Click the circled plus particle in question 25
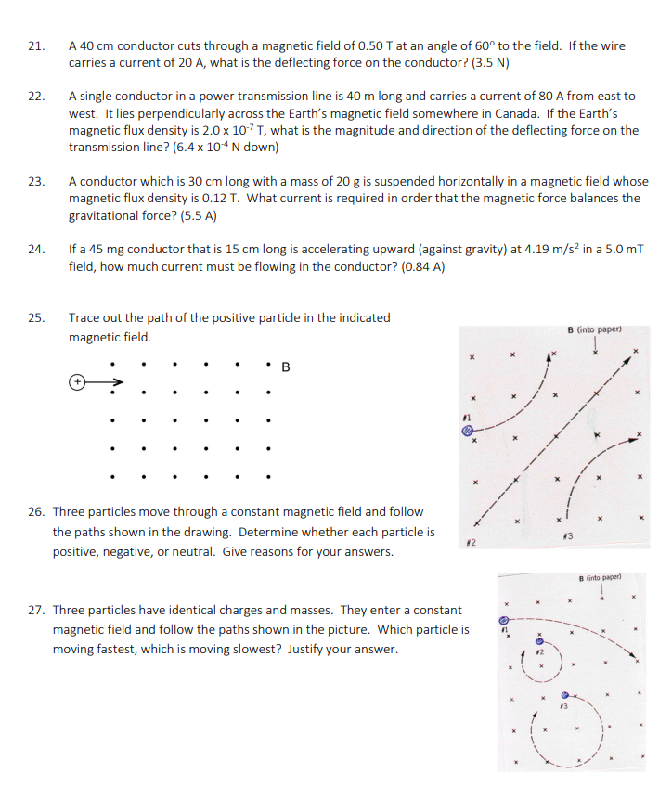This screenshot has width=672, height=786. click(x=79, y=380)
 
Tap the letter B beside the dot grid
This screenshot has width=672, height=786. click(x=286, y=367)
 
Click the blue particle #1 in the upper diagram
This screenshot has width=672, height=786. click(x=469, y=430)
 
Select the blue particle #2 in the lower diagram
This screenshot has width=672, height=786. click(x=536, y=641)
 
